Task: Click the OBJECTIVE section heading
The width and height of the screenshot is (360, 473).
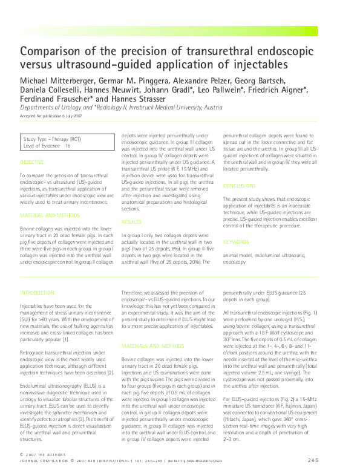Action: [x=31, y=162]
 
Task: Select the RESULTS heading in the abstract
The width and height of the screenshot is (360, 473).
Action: [x=131, y=222]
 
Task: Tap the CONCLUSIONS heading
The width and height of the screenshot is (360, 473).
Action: [x=239, y=186]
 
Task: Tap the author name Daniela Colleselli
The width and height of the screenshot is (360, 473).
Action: [x=48, y=91]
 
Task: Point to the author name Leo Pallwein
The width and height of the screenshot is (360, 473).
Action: [x=228, y=91]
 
